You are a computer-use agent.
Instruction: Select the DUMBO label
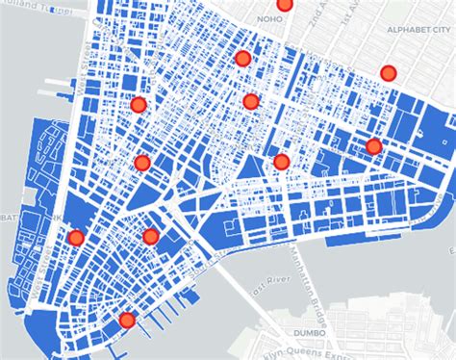[310, 333]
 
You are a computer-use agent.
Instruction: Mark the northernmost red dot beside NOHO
[285, 4]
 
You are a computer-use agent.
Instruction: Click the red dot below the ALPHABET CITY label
[389, 73]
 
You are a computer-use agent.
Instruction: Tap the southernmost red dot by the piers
[126, 320]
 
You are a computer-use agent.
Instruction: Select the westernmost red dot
[76, 238]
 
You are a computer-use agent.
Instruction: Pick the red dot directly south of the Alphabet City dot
[373, 146]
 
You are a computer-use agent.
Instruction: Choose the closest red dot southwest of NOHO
[242, 59]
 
